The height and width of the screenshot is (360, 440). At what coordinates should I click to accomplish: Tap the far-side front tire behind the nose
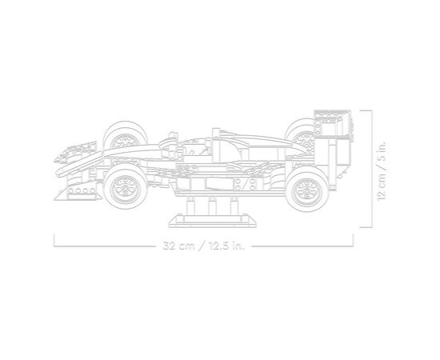(125, 134)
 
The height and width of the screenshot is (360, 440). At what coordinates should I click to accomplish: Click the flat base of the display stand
(212, 221)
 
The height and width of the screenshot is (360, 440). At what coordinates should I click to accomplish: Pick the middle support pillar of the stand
(212, 206)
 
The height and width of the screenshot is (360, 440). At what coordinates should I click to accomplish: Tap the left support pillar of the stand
(190, 206)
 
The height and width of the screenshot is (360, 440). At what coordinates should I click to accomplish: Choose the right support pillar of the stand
(234, 206)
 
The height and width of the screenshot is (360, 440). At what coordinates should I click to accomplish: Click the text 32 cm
(178, 246)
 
